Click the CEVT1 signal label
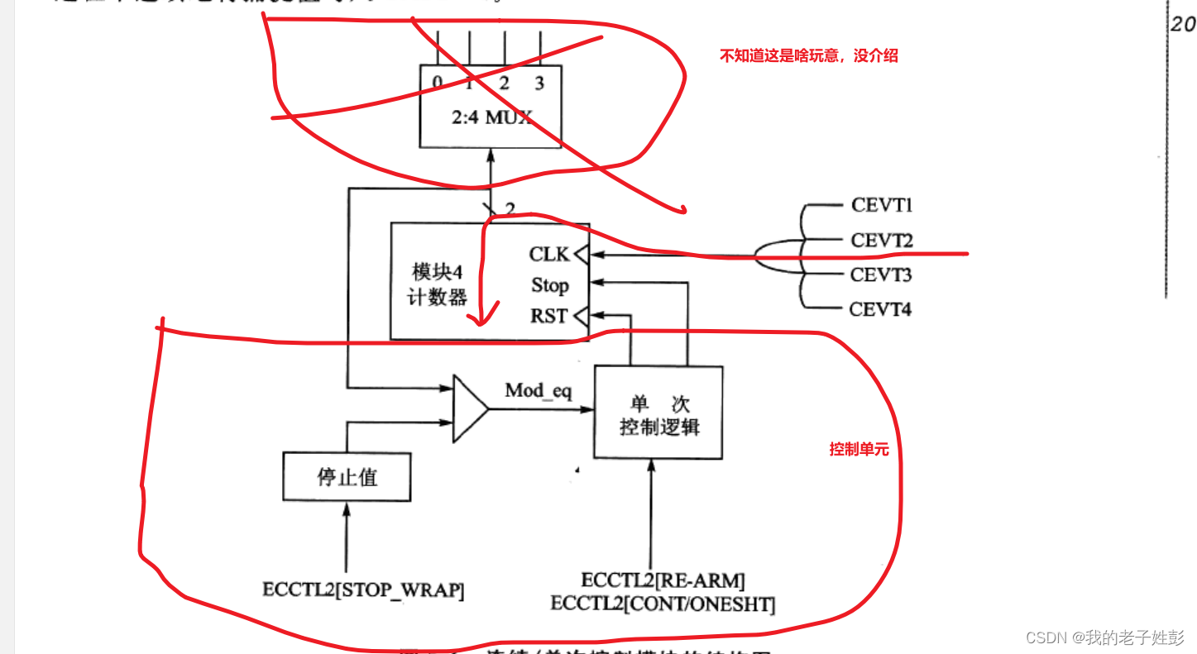881,205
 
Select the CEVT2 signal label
882,241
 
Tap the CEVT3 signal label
881,274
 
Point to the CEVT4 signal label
880,310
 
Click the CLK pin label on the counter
549,255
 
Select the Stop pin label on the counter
549,285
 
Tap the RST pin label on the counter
549,316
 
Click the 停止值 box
347,477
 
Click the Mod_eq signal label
539,390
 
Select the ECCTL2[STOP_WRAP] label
363,590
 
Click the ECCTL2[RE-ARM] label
663,580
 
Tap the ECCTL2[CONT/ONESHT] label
663,604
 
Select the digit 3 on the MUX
539,83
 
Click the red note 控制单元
859,450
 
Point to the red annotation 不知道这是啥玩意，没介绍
808,56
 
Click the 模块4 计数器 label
438,285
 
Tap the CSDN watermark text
1104,637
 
